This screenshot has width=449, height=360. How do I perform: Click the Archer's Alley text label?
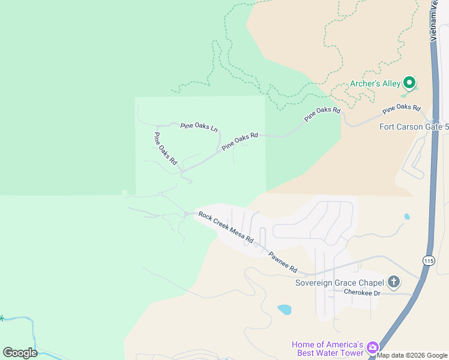click(x=375, y=83)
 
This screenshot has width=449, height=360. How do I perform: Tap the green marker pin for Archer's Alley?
click(x=409, y=82)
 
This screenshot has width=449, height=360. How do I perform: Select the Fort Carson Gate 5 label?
click(x=414, y=127)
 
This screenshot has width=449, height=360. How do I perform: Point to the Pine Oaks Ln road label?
click(x=199, y=127)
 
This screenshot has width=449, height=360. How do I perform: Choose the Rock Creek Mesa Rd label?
click(x=226, y=227)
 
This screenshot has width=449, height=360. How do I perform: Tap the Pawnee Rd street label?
click(x=283, y=262)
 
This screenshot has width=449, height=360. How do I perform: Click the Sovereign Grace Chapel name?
click(x=339, y=283)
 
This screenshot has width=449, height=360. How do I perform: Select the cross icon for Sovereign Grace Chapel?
click(x=394, y=281)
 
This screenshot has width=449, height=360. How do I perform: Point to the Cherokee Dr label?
click(x=363, y=292)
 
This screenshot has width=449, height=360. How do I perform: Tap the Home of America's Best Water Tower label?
click(x=328, y=349)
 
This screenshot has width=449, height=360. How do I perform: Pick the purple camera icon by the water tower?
click(x=373, y=347)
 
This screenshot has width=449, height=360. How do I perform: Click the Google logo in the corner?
click(x=20, y=353)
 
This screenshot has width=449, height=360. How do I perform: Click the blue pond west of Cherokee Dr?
click(x=285, y=310)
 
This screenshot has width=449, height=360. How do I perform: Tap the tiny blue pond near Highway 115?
click(x=407, y=217)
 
